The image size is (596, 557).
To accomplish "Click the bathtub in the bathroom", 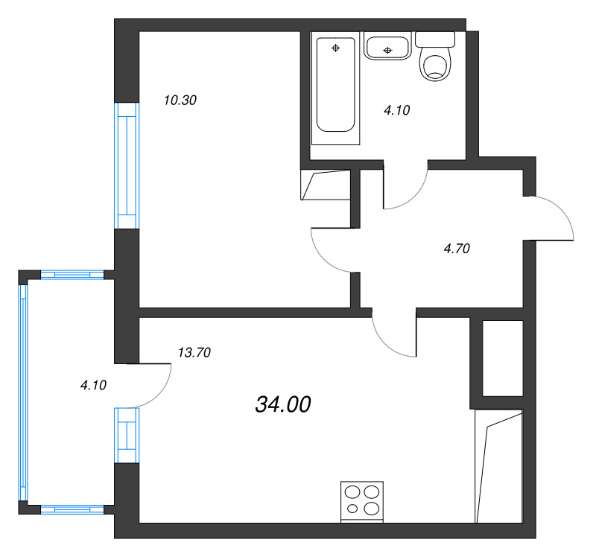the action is click(x=336, y=88).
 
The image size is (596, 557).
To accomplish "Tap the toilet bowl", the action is click(x=436, y=68).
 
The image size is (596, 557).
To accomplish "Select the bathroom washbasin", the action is click(x=387, y=46).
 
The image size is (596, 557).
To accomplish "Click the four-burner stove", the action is click(x=362, y=502).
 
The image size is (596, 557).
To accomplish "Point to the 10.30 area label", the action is click(x=180, y=101).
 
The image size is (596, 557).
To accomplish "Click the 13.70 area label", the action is click(x=194, y=352).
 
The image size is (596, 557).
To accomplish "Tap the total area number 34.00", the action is click(x=283, y=404).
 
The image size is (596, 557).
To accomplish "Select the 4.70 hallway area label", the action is click(x=457, y=249).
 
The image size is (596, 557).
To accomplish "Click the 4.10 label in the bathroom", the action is click(x=397, y=110).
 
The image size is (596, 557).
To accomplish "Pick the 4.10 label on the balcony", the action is click(x=94, y=385).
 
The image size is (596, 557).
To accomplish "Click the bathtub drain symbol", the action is click(x=336, y=48).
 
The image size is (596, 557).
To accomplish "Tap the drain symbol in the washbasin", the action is click(x=387, y=50).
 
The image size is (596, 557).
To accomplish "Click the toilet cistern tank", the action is click(x=435, y=39).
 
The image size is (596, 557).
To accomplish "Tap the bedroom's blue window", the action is click(x=127, y=165).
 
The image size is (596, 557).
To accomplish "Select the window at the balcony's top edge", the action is click(x=72, y=274).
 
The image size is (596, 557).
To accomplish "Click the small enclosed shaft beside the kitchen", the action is click(x=503, y=358).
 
